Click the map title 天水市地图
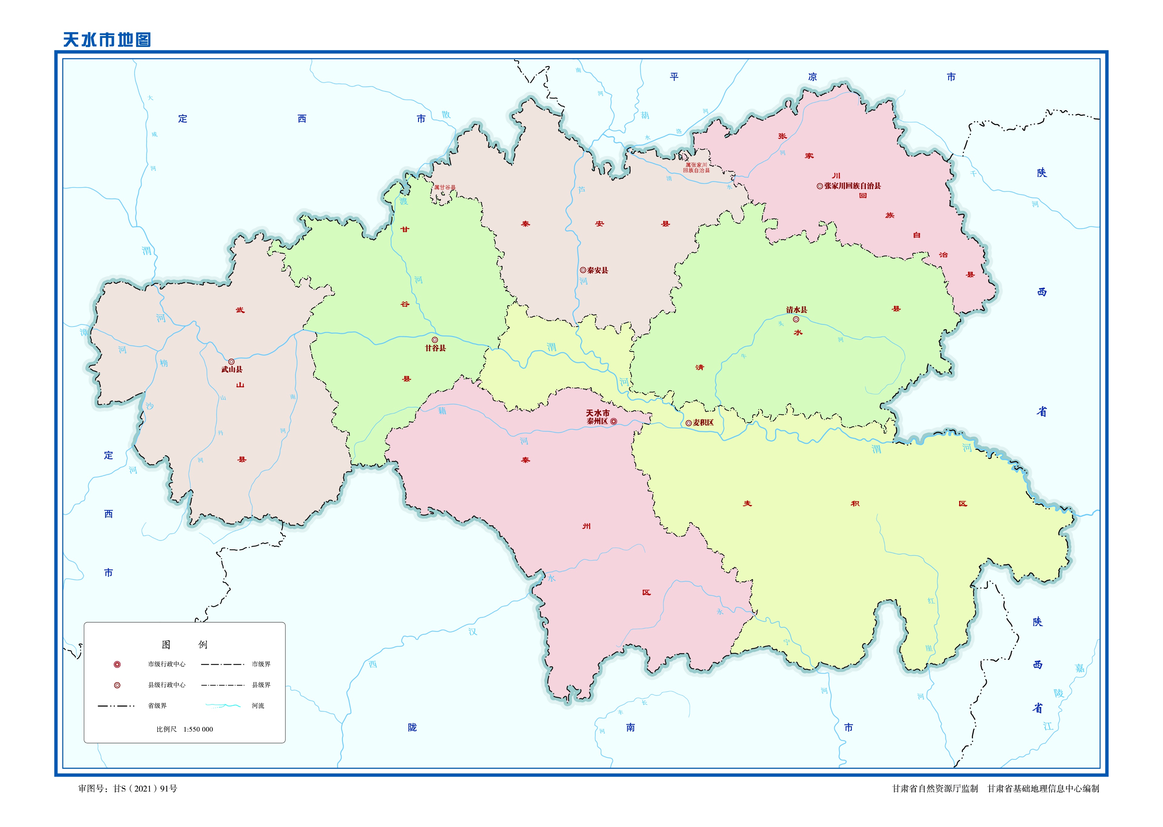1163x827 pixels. click(107, 40)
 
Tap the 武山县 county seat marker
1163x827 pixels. click(231, 362)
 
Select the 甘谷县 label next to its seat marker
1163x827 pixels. click(435, 348)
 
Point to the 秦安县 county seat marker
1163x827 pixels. click(583, 271)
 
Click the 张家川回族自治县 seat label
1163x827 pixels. click(852, 186)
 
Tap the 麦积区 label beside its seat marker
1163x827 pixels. click(703, 423)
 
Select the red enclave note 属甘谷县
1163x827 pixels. click(444, 188)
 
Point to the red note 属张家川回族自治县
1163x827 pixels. click(696, 168)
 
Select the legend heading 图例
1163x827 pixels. click(184, 645)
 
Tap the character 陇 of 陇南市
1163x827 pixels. click(412, 728)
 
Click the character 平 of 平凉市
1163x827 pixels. click(674, 77)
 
